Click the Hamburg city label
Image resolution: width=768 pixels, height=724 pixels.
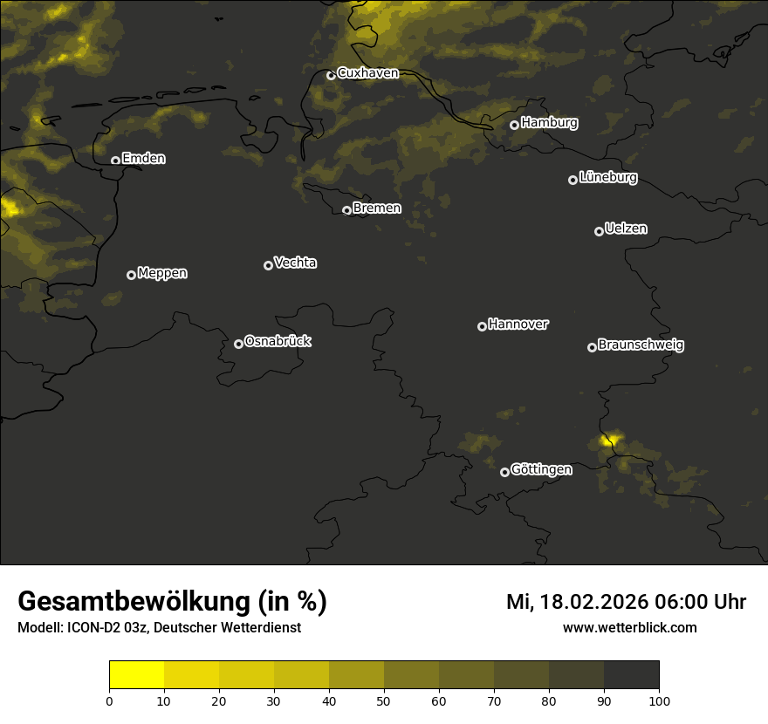549,123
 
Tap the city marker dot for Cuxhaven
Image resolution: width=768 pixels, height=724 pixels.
331,75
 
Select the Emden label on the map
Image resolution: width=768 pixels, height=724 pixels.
143,159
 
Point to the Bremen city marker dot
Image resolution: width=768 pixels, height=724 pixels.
346,210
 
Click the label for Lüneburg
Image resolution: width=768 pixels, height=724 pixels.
607,178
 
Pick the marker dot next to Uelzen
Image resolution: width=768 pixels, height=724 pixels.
599,231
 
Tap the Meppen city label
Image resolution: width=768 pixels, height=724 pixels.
162,273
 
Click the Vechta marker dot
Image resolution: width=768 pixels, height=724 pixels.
268,265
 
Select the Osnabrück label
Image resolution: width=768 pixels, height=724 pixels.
278,341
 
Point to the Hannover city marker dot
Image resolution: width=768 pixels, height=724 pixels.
482,326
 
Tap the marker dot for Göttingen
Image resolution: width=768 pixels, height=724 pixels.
504,472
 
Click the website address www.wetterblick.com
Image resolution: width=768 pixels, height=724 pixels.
629,627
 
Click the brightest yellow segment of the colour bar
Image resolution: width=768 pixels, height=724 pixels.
136,675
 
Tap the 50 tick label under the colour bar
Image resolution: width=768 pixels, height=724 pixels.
384,700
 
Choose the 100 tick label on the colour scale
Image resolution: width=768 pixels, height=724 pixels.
659,700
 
